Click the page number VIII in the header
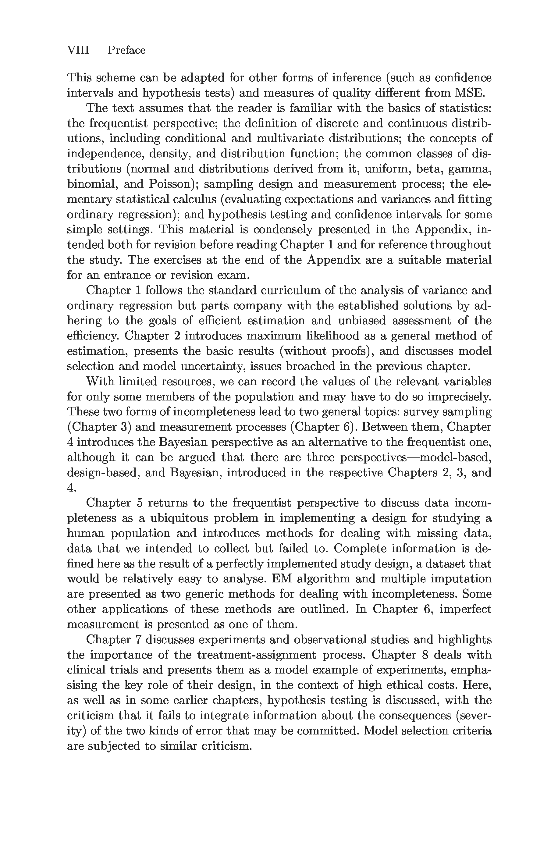click(78, 50)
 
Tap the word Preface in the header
click(126, 50)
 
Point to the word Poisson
click(172, 184)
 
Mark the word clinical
click(85, 670)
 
